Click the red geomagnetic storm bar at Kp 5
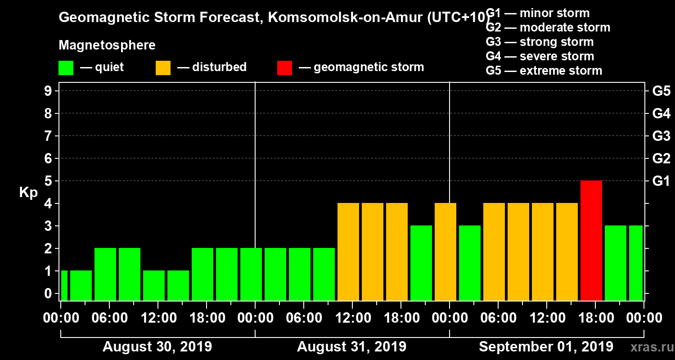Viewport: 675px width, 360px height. [591, 240]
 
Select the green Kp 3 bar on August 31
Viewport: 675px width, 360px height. [421, 263]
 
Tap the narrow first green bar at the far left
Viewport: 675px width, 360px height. [64, 285]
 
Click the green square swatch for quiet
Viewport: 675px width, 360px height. [66, 67]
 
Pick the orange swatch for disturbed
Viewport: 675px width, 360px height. [163, 67]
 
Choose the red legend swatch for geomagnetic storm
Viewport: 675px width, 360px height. [284, 67]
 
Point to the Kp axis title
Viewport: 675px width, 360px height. [28, 192]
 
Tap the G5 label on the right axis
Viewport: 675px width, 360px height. [661, 91]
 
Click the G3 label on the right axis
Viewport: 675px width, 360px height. [661, 136]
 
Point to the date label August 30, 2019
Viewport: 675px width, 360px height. [157, 347]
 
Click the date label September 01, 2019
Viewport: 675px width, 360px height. [546, 347]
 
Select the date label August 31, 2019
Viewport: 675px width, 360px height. [351, 347]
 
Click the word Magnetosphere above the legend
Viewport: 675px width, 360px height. [107, 45]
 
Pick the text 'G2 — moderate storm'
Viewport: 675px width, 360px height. [548, 27]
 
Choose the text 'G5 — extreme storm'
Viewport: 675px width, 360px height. [544, 71]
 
